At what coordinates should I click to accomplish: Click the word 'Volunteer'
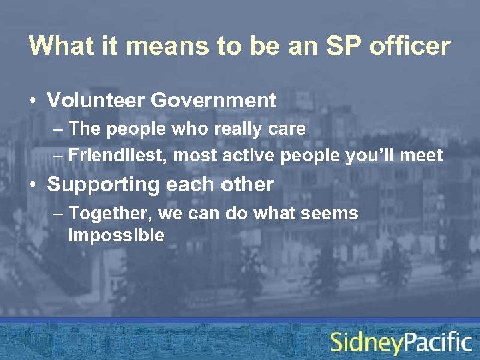tap(95, 101)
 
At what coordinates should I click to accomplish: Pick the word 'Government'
tap(213, 101)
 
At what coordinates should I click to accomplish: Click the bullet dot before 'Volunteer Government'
tap(33, 101)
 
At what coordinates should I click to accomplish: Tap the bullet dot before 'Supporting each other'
tap(33, 185)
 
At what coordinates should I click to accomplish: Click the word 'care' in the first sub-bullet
tap(288, 129)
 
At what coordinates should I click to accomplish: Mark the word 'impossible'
tap(116, 235)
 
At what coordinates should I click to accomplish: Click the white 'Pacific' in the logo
tap(438, 342)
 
